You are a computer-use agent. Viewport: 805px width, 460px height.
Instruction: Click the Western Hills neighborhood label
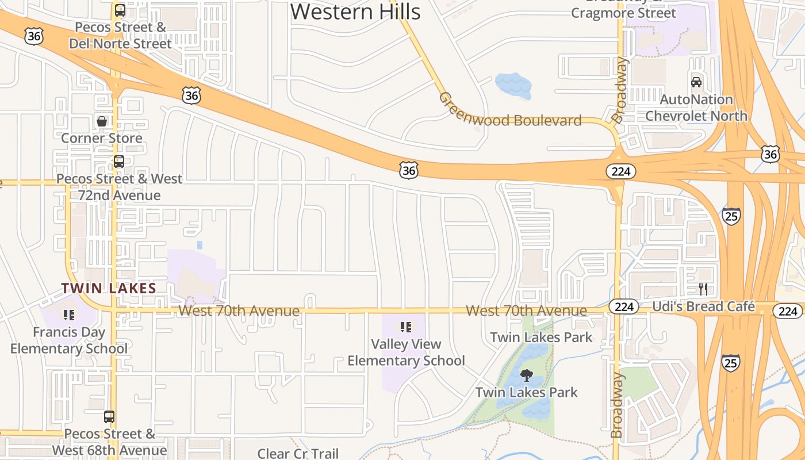click(x=355, y=11)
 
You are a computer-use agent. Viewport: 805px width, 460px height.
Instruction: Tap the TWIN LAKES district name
click(x=109, y=288)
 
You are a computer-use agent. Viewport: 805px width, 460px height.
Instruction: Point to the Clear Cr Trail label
click(x=298, y=454)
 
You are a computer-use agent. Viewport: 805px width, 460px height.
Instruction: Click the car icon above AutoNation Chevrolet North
click(x=696, y=82)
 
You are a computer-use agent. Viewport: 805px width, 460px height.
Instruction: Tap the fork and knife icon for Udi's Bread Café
click(x=703, y=289)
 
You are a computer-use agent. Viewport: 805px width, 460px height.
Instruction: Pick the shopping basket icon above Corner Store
click(x=102, y=121)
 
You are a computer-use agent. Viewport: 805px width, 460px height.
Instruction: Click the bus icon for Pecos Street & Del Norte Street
click(x=120, y=10)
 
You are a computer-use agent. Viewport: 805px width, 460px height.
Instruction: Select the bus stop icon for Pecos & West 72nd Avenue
click(x=118, y=162)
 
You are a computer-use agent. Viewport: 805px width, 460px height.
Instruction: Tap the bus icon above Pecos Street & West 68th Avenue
click(x=109, y=417)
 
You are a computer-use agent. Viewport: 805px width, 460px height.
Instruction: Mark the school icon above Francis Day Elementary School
click(x=69, y=315)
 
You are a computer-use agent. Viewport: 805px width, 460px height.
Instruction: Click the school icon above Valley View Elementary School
click(x=406, y=327)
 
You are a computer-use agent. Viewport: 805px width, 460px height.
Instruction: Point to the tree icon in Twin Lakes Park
click(x=526, y=376)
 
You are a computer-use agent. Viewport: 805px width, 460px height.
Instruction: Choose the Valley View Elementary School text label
click(x=406, y=352)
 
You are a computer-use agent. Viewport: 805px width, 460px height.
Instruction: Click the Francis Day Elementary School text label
click(x=69, y=340)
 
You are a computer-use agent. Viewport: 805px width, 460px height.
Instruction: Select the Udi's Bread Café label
click(x=703, y=306)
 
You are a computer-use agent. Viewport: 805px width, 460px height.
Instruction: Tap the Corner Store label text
click(x=102, y=138)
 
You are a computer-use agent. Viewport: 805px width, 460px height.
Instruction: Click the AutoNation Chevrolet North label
click(x=696, y=108)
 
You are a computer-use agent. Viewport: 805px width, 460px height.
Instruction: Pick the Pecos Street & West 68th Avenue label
click(x=109, y=442)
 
